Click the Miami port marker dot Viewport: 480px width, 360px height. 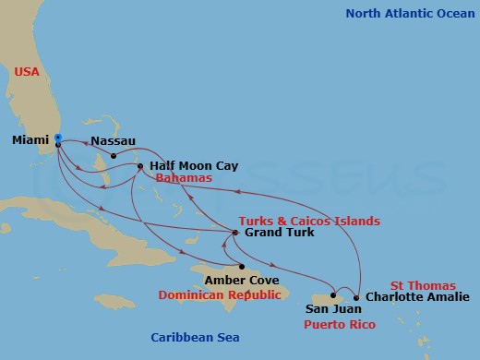point(57,139)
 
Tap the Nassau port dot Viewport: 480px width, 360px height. point(114,155)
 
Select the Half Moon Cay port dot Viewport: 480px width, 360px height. point(140,166)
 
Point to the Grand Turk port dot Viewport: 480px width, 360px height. point(235,233)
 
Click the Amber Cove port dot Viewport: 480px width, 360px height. point(243,266)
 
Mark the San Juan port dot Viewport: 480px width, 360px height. point(330,298)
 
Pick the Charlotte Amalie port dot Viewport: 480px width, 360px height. point(356,298)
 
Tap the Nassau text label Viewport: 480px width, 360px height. point(113,142)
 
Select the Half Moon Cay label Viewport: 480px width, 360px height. point(193,166)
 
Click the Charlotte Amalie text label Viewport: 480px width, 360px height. point(414,298)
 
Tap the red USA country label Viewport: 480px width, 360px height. point(27,71)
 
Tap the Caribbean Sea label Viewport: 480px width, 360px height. point(196,338)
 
